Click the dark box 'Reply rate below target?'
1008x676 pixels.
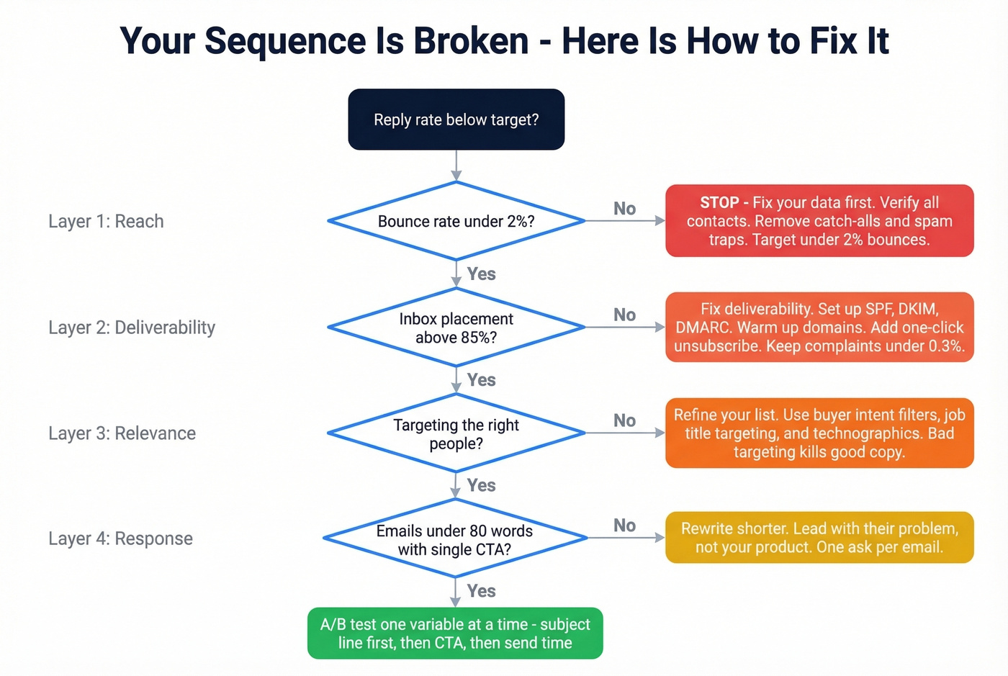tap(456, 120)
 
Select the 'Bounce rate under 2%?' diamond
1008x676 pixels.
tap(456, 221)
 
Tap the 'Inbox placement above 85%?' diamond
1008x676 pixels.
tap(456, 328)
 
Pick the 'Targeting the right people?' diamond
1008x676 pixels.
tap(456, 433)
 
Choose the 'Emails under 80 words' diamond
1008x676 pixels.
tap(455, 539)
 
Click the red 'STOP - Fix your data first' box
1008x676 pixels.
tap(819, 221)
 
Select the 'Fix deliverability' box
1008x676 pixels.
tap(819, 328)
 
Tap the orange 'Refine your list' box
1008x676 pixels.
tap(819, 433)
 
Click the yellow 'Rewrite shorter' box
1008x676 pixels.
tap(819, 538)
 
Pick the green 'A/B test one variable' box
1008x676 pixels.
tap(455, 634)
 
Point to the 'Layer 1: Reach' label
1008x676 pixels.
tap(106, 221)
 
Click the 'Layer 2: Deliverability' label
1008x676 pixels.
tap(132, 328)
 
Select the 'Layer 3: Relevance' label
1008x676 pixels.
tap(122, 433)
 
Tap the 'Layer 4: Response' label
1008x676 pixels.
tap(120, 538)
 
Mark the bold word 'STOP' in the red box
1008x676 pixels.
tap(719, 202)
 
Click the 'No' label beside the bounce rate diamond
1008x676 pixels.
tap(624, 209)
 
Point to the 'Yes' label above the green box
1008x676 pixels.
tap(481, 591)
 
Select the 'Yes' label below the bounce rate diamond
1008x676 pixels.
tap(481, 274)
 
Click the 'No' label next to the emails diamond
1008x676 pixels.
tap(624, 526)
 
